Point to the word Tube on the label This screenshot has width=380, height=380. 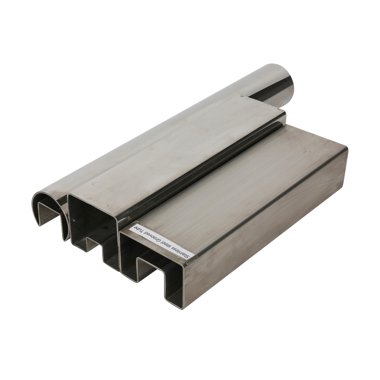coord(139,228)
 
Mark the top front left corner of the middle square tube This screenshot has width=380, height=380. coord(69,195)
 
